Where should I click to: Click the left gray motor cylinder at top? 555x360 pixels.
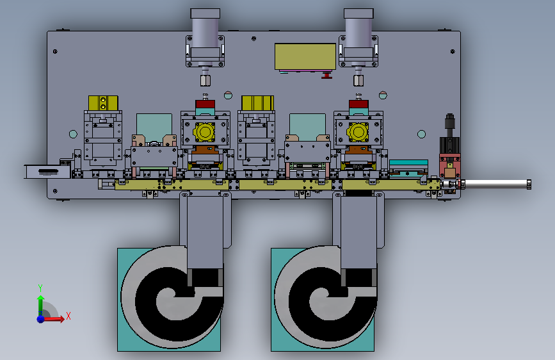click(205, 29)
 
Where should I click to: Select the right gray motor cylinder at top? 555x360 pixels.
click(358, 29)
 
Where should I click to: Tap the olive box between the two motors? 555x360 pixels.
click(305, 56)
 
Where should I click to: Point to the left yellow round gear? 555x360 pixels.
click(205, 132)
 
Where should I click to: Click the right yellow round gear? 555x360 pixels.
click(357, 132)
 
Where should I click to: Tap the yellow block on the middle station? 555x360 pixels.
click(257, 102)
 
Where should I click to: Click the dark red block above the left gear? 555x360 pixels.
click(205, 104)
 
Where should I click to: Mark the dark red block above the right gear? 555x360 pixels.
click(358, 104)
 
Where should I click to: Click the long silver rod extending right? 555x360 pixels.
click(497, 184)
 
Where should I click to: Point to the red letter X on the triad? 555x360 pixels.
click(68, 316)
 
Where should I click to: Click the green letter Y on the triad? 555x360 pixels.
click(40, 288)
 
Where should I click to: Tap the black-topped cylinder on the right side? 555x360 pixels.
click(449, 122)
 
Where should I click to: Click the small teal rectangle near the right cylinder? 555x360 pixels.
click(408, 163)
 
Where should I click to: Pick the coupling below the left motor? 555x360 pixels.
click(205, 80)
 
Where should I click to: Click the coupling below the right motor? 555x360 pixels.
click(358, 80)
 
